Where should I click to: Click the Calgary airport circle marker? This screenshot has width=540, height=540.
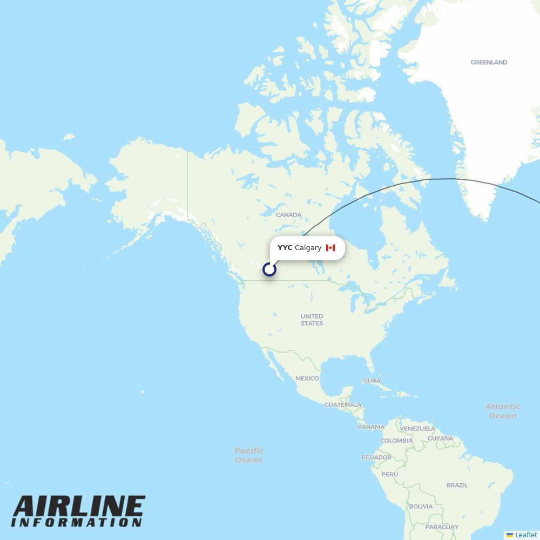[x=269, y=269]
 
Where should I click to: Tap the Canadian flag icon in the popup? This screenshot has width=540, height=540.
[x=330, y=248]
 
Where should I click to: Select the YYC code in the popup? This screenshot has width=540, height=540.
[x=285, y=248]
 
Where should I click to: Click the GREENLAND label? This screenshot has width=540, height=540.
[x=489, y=63]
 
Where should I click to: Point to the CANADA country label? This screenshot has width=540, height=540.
[x=288, y=215]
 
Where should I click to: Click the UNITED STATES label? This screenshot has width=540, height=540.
[x=312, y=320]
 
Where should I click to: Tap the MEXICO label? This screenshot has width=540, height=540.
[x=307, y=379]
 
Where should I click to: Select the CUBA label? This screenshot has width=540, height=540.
[x=372, y=381]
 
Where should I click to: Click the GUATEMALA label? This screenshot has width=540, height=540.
[x=343, y=405]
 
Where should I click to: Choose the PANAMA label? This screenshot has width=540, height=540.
[x=371, y=427]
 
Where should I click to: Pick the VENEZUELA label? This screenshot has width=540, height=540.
[x=417, y=429]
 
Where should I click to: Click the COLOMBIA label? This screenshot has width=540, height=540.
[x=396, y=441]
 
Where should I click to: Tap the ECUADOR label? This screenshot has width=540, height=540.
[x=376, y=457]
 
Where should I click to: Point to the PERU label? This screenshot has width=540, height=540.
[x=389, y=475]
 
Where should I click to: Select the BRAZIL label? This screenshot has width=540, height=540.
[x=457, y=485]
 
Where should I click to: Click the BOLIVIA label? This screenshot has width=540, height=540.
[x=420, y=507]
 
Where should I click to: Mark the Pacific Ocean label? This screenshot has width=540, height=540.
[x=249, y=455]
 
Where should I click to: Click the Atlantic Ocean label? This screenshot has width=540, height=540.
[x=503, y=411]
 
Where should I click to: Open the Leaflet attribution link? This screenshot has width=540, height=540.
[x=525, y=535]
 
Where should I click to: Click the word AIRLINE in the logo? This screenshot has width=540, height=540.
[x=79, y=507]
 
